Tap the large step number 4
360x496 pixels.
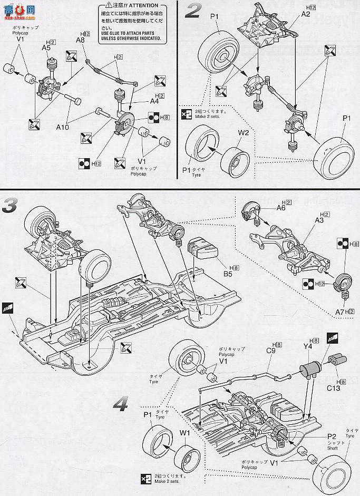click(122, 404)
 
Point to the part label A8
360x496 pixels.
click(80, 40)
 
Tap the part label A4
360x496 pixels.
click(140, 101)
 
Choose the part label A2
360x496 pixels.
click(305, 14)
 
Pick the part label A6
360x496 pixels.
click(281, 208)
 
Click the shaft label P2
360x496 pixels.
click(331, 436)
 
